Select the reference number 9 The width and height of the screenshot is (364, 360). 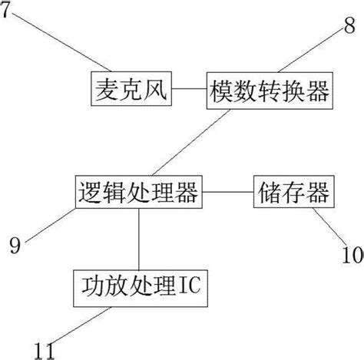[15, 245]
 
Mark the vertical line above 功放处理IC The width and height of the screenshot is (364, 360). [139, 239]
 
